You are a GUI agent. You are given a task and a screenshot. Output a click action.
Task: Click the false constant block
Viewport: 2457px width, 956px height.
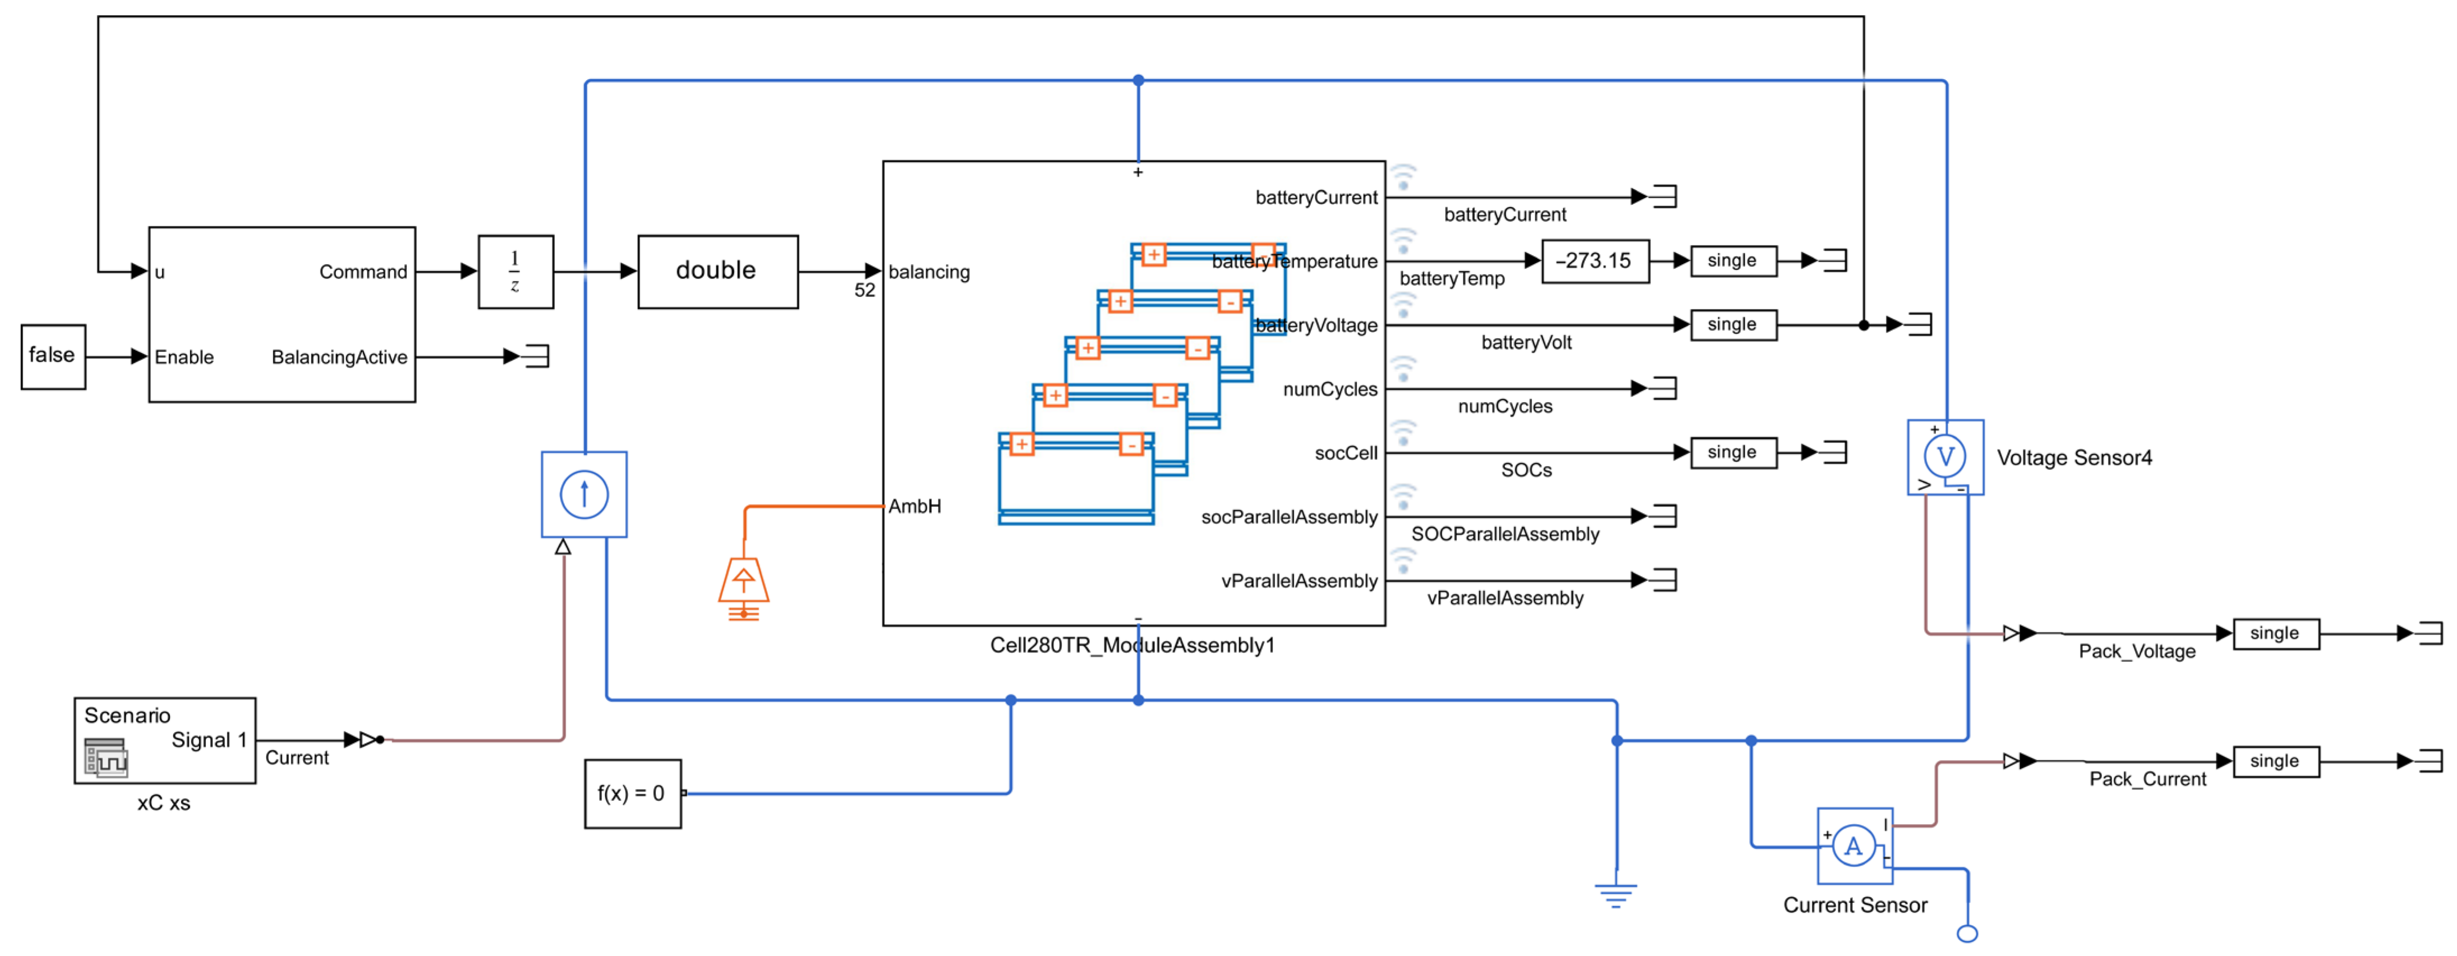coord(53,356)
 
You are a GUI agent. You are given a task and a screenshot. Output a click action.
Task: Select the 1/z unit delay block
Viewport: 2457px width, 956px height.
coord(515,272)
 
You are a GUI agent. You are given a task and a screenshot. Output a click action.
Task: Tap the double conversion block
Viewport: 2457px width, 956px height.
coord(717,272)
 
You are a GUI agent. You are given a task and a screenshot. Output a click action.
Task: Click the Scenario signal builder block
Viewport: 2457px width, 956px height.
coord(165,740)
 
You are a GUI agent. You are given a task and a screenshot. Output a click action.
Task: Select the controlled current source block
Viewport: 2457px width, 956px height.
coord(584,494)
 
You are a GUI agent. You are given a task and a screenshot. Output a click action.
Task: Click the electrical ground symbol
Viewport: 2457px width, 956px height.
coord(1616,895)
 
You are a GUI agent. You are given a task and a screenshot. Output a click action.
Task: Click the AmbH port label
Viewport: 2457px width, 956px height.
coord(915,506)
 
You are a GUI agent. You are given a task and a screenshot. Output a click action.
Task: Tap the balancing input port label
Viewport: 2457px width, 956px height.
coord(929,272)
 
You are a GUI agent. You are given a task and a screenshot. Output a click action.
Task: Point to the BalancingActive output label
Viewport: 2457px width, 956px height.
coord(339,358)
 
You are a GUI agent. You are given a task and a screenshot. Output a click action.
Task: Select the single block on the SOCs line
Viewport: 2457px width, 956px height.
coord(1733,452)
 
